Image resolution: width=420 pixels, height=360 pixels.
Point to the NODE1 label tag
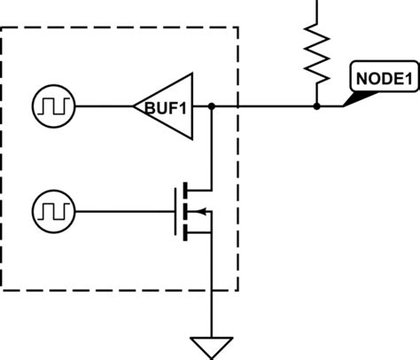[384, 77]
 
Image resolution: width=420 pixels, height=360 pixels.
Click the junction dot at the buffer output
[212, 106]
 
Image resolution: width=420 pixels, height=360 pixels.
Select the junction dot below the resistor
[316, 106]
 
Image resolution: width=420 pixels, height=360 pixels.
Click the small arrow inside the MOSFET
[199, 211]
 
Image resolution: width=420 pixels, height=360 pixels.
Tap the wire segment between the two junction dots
[266, 106]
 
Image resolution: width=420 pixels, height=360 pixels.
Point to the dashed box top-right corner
[237, 27]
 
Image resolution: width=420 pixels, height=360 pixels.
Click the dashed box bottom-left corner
[3, 289]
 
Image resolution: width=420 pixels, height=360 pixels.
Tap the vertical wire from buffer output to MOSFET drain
[212, 146]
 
